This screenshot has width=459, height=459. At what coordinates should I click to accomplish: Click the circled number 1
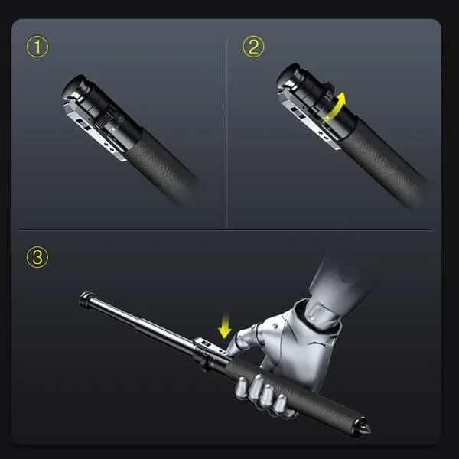(37, 47)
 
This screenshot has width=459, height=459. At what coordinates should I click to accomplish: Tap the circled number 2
(252, 47)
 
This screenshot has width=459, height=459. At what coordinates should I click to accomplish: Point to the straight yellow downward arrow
(224, 328)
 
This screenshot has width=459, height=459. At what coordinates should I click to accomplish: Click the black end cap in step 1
(75, 86)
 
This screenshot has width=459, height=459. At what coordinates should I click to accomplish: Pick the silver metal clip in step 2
(310, 122)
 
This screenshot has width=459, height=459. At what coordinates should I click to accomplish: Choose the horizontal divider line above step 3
(229, 229)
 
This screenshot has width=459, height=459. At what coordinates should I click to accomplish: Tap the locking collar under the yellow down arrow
(208, 352)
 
